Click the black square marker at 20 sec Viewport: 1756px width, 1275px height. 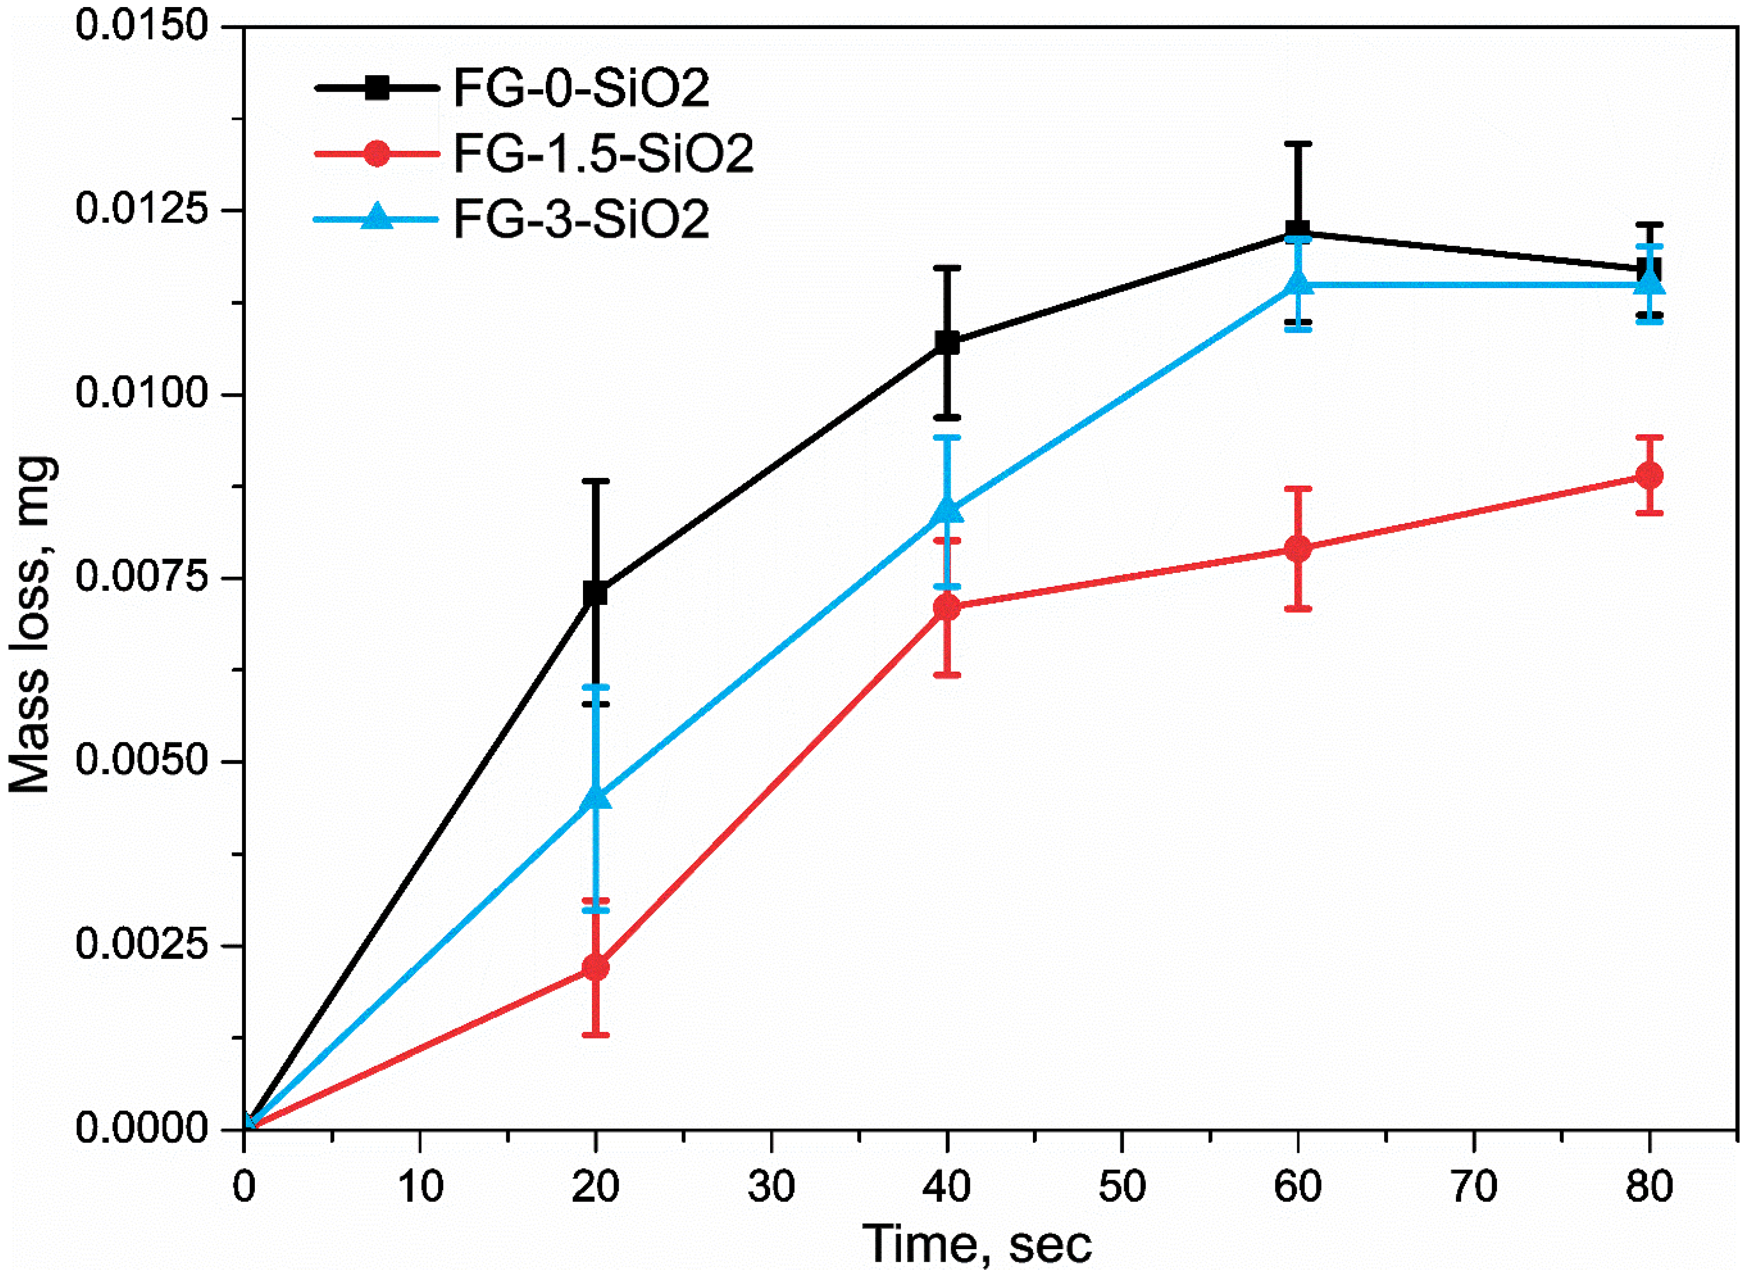point(595,593)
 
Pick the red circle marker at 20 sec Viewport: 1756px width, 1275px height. point(595,968)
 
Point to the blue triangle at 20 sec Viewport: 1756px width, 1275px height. point(595,798)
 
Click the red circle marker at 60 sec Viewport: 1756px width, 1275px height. point(1299,549)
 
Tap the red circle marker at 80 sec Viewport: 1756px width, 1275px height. point(1650,475)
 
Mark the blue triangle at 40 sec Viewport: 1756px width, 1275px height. point(947,511)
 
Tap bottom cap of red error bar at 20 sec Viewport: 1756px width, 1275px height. point(595,1035)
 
